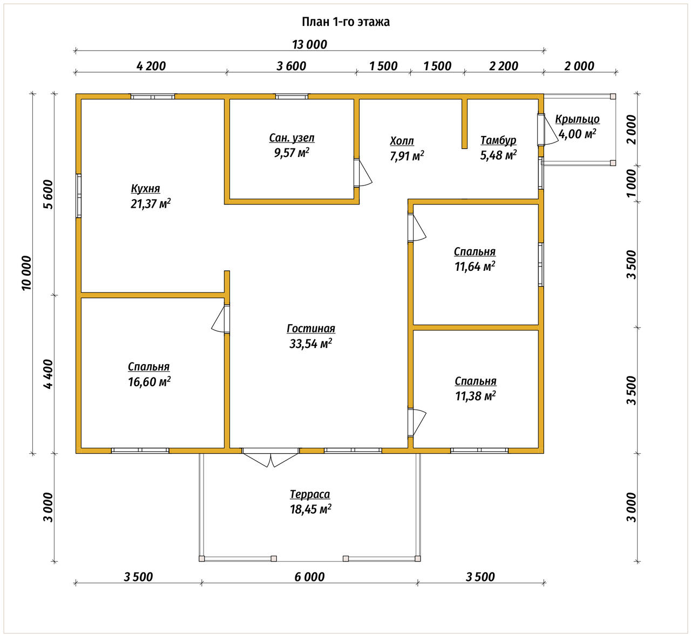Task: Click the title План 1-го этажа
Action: point(345,22)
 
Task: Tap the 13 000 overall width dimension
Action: point(309,45)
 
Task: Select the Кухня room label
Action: point(145,188)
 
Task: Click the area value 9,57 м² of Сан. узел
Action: point(292,152)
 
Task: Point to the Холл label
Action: point(402,141)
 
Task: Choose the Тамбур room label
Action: point(498,140)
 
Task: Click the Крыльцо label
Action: point(577,119)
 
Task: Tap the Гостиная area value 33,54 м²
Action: point(311,344)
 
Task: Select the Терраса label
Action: point(310,495)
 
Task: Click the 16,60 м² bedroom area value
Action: point(149,382)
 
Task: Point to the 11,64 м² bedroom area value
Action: point(475,266)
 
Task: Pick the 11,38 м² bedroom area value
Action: point(476,396)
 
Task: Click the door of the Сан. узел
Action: point(362,173)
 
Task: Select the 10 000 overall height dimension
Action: point(26,273)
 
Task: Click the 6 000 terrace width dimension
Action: point(309,577)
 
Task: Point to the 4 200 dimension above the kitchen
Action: point(151,66)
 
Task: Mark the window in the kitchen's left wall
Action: point(79,196)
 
